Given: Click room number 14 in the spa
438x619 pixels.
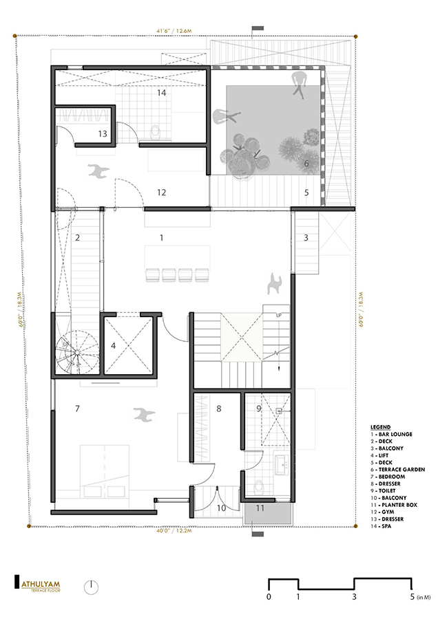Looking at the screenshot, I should pos(162,92).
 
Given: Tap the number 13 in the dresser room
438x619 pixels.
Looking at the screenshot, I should pos(103,133).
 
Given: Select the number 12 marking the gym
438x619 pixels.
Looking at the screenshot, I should pos(162,193).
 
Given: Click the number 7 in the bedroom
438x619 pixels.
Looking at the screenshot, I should pos(77,409).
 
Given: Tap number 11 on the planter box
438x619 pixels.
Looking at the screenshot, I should pos(260,508).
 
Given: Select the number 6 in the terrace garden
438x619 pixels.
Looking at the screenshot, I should pos(306,164).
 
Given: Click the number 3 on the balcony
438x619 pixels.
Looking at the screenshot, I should pos(306,238).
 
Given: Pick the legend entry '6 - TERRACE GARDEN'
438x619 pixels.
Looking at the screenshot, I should pos(397,469).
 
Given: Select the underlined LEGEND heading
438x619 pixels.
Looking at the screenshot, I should pos(380,427).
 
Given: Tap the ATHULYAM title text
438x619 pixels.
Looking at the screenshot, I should pos(42,586).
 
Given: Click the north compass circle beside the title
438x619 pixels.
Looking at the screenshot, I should pos(92,587).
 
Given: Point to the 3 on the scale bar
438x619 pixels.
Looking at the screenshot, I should pos(354,597).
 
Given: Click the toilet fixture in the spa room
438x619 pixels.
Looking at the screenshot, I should pos(155,131).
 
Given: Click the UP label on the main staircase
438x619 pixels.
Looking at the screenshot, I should pos(278,315).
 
